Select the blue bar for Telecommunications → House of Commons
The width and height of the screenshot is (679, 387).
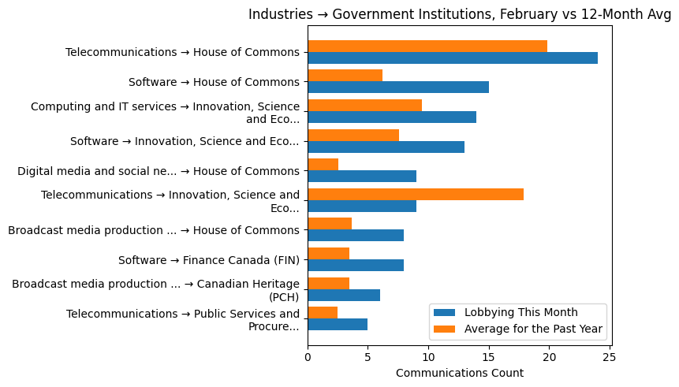452,58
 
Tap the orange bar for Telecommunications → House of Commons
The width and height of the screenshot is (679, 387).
427,46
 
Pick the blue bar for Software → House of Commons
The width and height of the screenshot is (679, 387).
397,87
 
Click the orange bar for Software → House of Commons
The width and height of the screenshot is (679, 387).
345,76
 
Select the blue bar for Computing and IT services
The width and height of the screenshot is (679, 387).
391,117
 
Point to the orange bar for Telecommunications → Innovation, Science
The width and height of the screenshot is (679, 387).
415,194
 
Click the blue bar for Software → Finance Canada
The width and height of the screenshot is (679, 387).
355,265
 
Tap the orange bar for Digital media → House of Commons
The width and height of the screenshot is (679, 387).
323,164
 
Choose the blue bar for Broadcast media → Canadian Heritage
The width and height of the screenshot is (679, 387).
343,295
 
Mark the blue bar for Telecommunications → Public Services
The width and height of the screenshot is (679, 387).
337,324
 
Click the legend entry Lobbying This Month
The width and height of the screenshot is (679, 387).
520,312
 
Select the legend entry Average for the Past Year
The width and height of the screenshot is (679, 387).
533,329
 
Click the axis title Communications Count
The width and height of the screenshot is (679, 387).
459,373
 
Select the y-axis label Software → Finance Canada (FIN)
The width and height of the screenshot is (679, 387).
208,260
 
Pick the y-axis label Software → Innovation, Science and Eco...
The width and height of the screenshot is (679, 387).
185,141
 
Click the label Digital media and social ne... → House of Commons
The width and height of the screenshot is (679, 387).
158,171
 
